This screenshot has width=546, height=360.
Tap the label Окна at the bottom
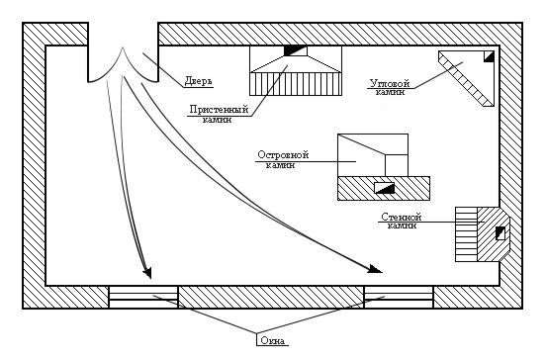[x=272, y=342]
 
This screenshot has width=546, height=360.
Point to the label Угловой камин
[x=388, y=88]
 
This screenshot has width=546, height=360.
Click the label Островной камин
[x=284, y=160]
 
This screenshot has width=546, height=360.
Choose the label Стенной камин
[x=401, y=221]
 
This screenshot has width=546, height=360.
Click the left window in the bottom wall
[x=142, y=297]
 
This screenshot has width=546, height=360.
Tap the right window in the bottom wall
[x=399, y=297]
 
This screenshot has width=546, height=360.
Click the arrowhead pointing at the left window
[x=148, y=271]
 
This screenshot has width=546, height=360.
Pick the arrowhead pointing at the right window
[x=375, y=267]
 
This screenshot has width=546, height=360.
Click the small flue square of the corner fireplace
[x=489, y=57]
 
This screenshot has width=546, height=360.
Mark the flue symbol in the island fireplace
[x=384, y=187]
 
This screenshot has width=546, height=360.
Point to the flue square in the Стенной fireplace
[x=500, y=233]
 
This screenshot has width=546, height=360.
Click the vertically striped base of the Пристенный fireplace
[x=294, y=83]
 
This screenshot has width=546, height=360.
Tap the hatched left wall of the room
[x=35, y=168]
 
